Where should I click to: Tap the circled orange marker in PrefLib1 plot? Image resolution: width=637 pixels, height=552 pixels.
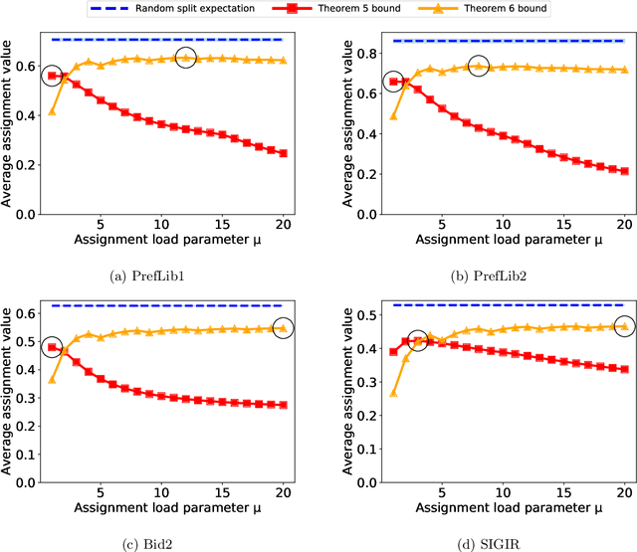[185, 58]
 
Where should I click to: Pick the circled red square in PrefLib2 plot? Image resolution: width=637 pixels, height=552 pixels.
[394, 82]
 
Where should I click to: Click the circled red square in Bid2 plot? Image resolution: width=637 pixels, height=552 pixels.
[52, 348]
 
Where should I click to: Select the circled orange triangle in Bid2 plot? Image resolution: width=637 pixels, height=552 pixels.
[283, 327]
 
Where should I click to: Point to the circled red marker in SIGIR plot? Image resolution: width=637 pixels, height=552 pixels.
[418, 341]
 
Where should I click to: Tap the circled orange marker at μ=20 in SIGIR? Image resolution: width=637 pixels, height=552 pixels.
[624, 325]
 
